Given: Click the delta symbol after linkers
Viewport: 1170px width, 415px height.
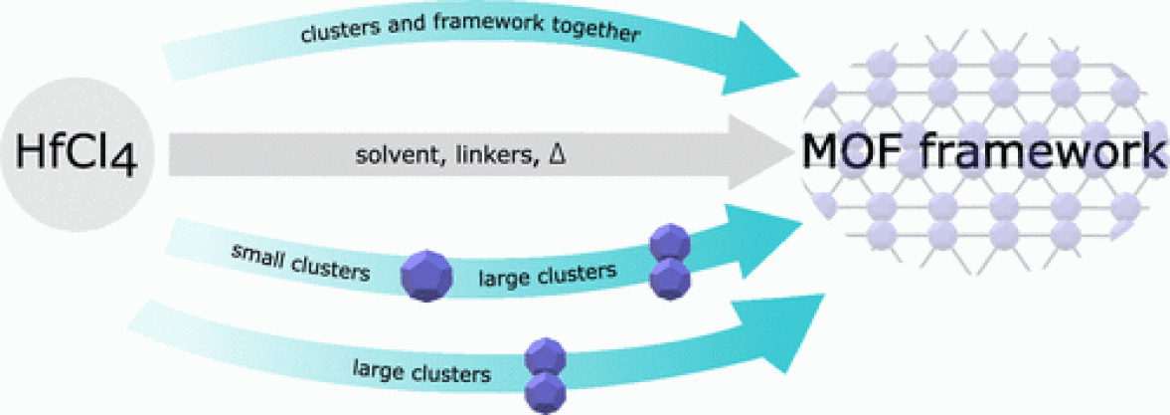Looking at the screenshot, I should tap(559, 156).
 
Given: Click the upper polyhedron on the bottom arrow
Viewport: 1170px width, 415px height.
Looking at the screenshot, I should tap(545, 357).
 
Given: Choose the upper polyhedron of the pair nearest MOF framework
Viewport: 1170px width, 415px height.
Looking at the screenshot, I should tap(666, 245).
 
